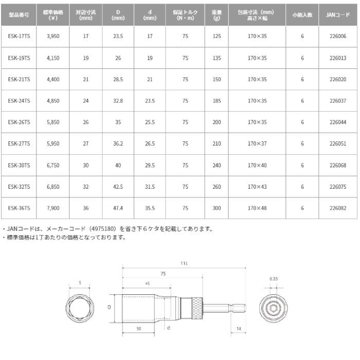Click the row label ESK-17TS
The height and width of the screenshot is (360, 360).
click(20, 37)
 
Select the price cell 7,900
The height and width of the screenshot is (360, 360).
click(53, 208)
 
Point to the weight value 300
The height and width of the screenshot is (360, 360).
click(216, 208)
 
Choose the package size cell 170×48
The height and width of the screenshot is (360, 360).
click(257, 208)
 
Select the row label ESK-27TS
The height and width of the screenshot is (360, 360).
click(20, 143)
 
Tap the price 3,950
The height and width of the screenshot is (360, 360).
click(53, 37)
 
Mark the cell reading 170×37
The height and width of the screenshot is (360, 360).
click(257, 143)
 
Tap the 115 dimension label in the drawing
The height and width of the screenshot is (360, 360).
click(184, 263)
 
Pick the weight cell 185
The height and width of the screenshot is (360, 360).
click(216, 101)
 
